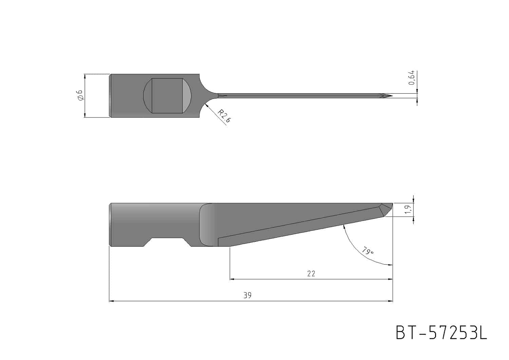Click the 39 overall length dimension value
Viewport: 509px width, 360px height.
(x=247, y=295)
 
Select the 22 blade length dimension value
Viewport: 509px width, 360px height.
(x=311, y=274)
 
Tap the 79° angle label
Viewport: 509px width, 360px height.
(x=368, y=251)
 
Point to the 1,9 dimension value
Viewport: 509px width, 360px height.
(x=408, y=209)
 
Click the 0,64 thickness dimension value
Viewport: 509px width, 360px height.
(x=412, y=78)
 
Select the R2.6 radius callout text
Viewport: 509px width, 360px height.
(x=224, y=116)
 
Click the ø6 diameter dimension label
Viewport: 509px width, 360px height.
(x=81, y=95)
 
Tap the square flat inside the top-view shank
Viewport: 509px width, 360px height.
(x=167, y=96)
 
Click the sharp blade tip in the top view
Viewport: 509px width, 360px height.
(x=392, y=96)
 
